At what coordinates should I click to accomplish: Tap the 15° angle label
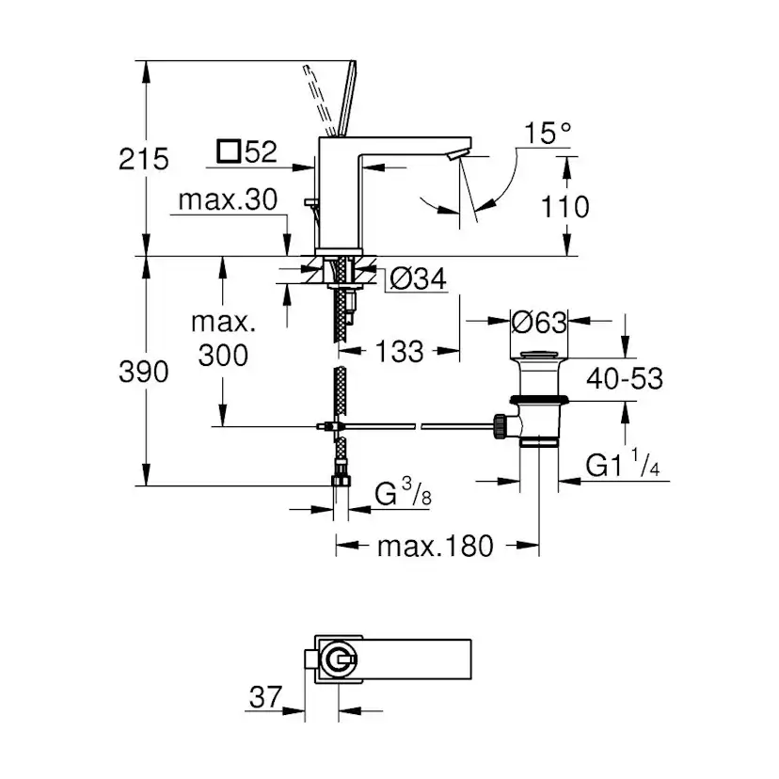pos(548,134)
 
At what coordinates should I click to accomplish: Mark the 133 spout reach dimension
pos(399,352)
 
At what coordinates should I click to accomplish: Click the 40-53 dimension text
pos(624,378)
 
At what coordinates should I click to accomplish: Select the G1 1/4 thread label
pos(622,464)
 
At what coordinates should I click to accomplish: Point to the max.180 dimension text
pos(435,546)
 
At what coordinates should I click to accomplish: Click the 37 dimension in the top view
pos(266,697)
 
